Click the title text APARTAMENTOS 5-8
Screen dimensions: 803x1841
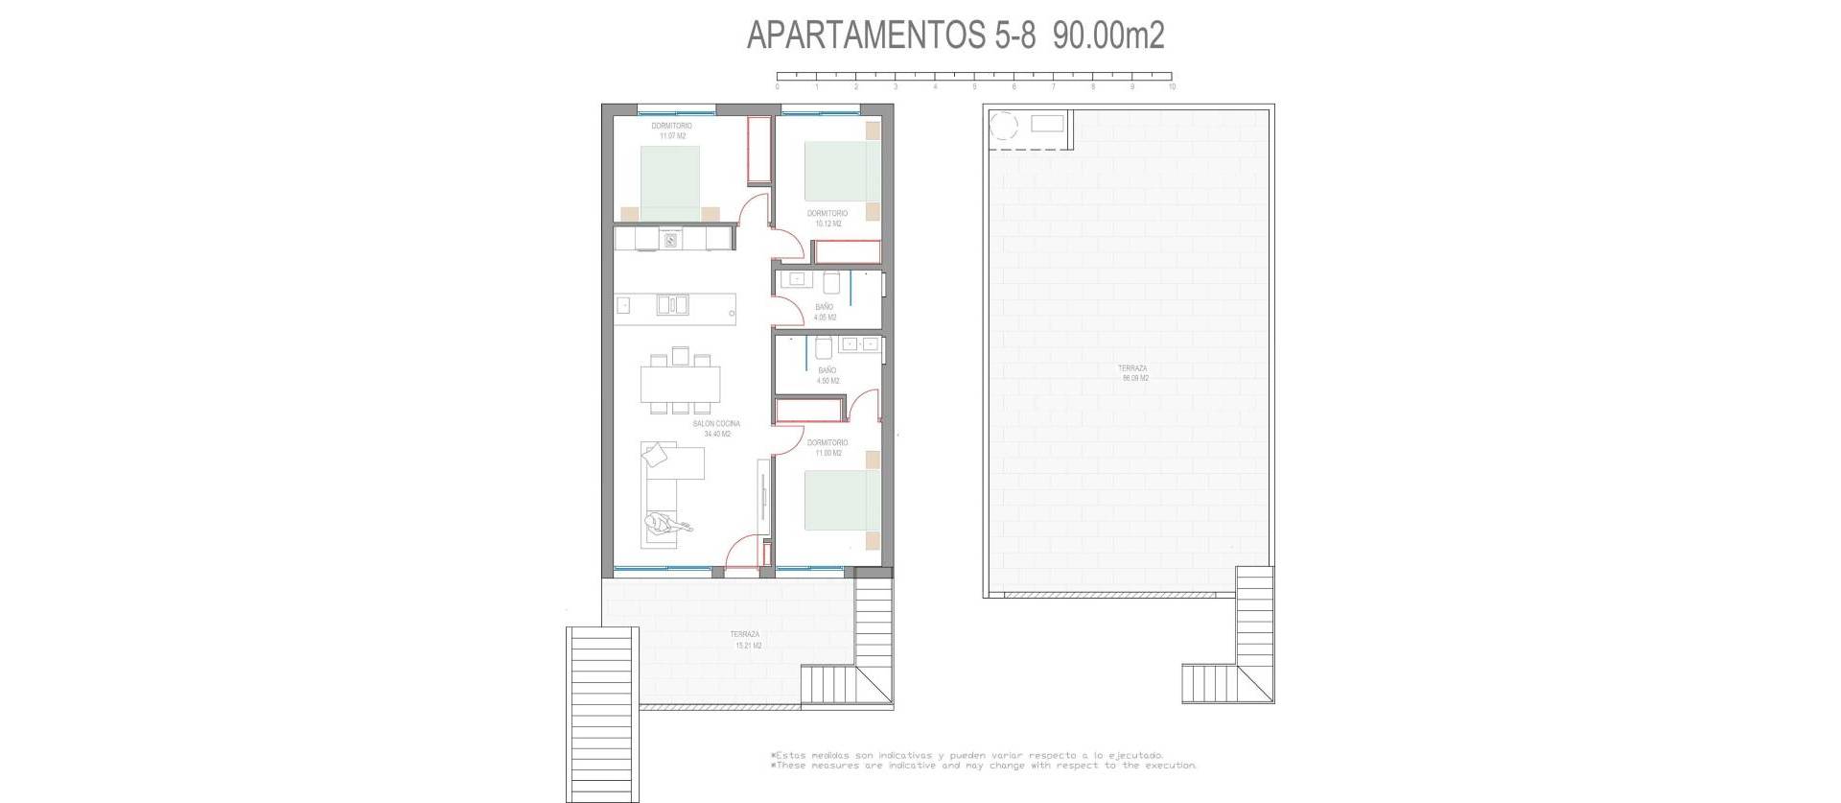[891, 36]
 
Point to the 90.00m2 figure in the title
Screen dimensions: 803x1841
[1108, 36]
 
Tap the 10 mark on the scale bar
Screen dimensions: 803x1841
[1172, 87]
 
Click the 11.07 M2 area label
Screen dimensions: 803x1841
[671, 136]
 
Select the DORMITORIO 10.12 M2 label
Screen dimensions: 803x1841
[827, 219]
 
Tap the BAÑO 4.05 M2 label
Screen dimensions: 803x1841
[825, 313]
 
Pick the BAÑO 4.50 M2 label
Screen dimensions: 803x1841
[827, 376]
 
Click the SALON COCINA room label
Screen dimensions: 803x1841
[717, 429]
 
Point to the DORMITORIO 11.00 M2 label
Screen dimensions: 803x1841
[827, 448]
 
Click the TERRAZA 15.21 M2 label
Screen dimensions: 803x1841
[746, 640]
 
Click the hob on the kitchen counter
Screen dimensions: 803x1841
[671, 240]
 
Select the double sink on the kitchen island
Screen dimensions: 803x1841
[671, 305]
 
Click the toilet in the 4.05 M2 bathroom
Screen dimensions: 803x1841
[831, 281]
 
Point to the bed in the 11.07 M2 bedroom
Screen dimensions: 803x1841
[670, 182]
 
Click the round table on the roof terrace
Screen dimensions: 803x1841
[1005, 126]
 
